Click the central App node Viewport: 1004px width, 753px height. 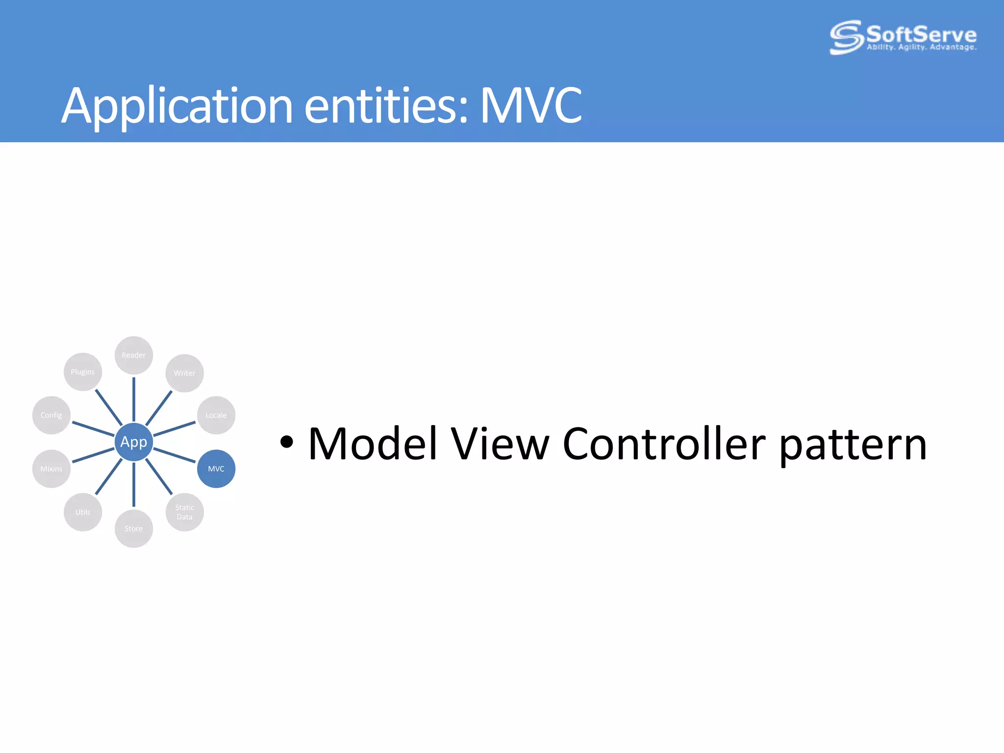pyautogui.click(x=133, y=442)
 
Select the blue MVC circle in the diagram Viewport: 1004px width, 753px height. pyautogui.click(x=216, y=469)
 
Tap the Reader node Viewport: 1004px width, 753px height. pyautogui.click(x=133, y=355)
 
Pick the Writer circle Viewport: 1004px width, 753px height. pyautogui.click(x=184, y=373)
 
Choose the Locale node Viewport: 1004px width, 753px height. pyautogui.click(x=216, y=415)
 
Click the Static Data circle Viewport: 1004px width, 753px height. pyautogui.click(x=184, y=512)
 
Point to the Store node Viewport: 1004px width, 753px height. pyautogui.click(x=133, y=528)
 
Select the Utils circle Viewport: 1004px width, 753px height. pyautogui.click(x=83, y=512)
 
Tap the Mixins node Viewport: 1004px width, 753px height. pyautogui.click(x=51, y=469)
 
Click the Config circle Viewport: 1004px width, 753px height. pyautogui.click(x=51, y=415)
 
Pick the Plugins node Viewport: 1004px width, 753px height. pyautogui.click(x=83, y=372)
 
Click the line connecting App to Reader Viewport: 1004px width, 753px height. pyautogui.click(x=133, y=400)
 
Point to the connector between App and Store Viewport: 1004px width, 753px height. pyautogui.click(x=133, y=484)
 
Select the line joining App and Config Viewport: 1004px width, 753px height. pyautogui.click(x=93, y=428)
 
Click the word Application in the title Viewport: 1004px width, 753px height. pyautogui.click(x=177, y=106)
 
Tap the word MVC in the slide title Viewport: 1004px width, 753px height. pyautogui.click(x=530, y=105)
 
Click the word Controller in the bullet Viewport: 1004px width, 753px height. pyautogui.click(x=664, y=444)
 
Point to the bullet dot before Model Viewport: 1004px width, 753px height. pyautogui.click(x=287, y=442)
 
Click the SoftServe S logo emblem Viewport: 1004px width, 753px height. pyautogui.click(x=846, y=37)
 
